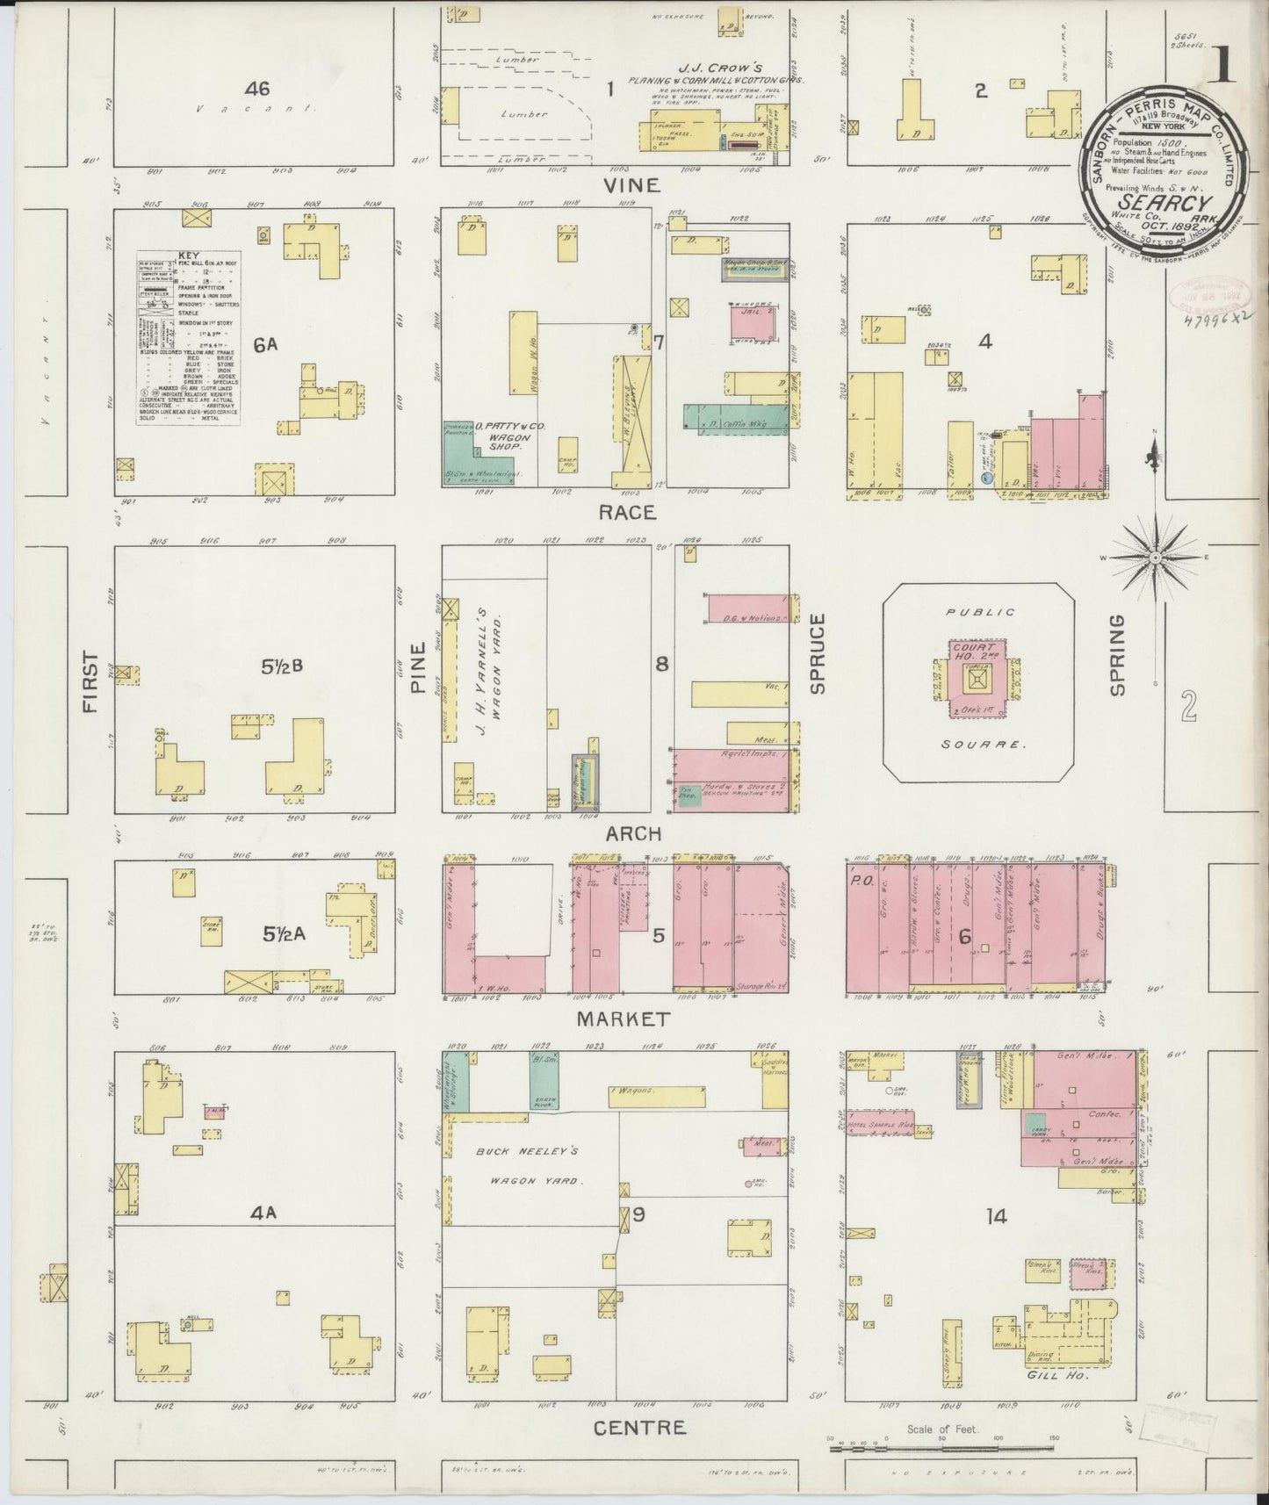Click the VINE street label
pyautogui.click(x=633, y=185)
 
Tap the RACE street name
pyautogui.click(x=628, y=512)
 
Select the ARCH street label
pyautogui.click(x=632, y=833)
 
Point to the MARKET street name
pyautogui.click(x=624, y=1019)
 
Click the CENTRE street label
pyautogui.click(x=639, y=1428)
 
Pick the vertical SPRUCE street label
pyautogui.click(x=818, y=654)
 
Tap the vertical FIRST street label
pyautogui.click(x=91, y=681)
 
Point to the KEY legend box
pyautogui.click(x=189, y=338)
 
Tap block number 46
pyautogui.click(x=257, y=89)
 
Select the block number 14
pyautogui.click(x=995, y=1216)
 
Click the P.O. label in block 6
pyautogui.click(x=858, y=878)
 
